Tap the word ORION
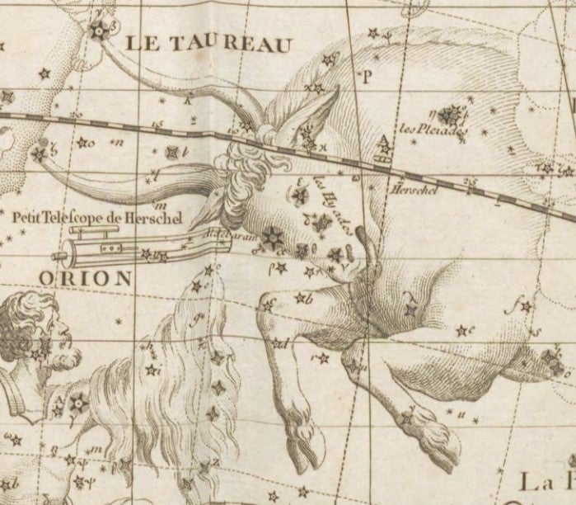84,278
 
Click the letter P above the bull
368,76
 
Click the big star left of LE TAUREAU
99,31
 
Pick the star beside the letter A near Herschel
384,151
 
